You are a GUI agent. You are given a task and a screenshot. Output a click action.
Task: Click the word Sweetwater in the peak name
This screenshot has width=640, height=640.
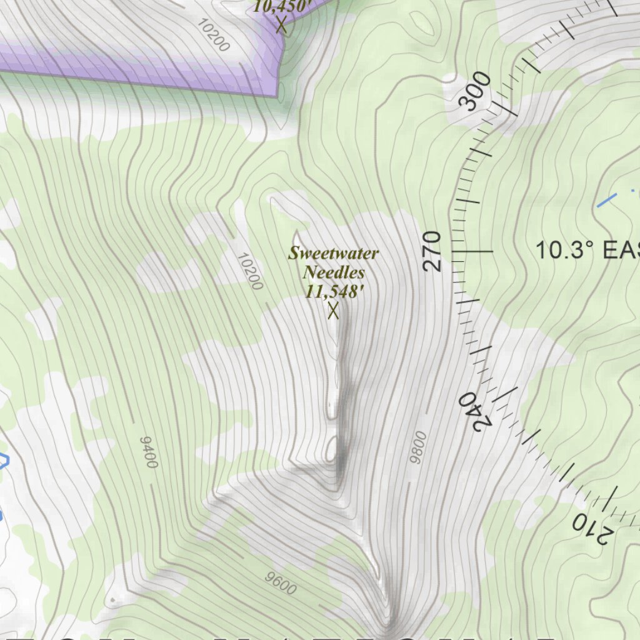point(333,254)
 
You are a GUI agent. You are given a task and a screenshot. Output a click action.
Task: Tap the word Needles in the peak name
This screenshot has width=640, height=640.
point(333,272)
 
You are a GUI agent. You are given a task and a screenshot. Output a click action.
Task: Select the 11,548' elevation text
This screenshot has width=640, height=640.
point(334,291)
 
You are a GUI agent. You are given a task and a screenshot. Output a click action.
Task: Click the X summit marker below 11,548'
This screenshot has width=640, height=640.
point(333,309)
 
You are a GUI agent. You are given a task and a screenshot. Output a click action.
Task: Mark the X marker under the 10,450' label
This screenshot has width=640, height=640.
point(281,25)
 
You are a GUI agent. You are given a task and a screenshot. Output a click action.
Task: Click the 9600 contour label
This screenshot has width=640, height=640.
point(280,584)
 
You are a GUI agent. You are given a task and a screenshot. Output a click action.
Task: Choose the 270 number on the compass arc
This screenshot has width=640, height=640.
point(432,251)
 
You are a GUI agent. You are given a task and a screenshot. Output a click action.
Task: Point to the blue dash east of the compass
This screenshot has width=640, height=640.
point(607,201)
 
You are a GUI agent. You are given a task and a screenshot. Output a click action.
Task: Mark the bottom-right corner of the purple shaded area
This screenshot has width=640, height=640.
point(276,96)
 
